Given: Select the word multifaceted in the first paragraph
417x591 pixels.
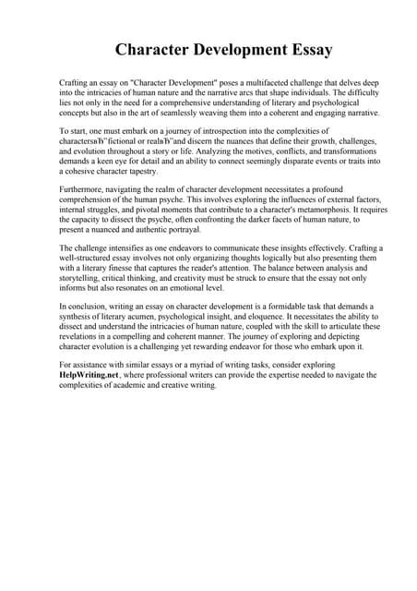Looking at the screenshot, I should pyautogui.click(x=261, y=82).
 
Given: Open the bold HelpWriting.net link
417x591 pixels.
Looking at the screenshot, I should pyautogui.click(x=89, y=375).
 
